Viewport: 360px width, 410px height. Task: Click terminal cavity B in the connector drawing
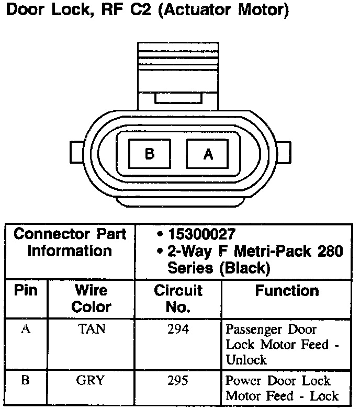pos(150,154)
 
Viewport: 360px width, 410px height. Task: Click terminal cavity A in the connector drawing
pos(208,154)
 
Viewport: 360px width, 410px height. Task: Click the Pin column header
pos(26,291)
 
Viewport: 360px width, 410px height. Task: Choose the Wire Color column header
pos(91,298)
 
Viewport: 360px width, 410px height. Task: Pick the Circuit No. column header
pos(178,298)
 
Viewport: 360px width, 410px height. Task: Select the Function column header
pos(287,291)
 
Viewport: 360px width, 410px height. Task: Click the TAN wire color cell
pos(92,329)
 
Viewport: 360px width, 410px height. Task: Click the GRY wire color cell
pos(91,381)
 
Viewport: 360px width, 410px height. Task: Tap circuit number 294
pos(178,329)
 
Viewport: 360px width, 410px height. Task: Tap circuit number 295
pos(178,381)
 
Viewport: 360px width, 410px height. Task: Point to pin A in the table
pos(25,329)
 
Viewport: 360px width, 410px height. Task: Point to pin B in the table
pos(25,381)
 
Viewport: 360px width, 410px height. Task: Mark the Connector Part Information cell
pos(70,243)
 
